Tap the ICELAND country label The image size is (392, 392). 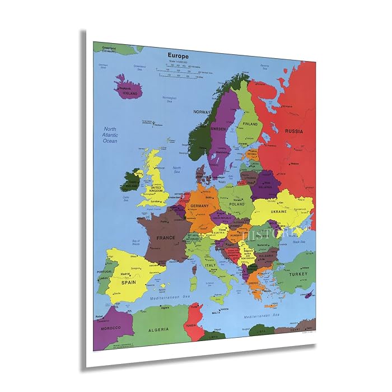[129, 94]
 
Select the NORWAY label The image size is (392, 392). [201, 112]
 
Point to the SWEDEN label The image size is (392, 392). [218, 128]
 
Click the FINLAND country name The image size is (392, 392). [250, 124]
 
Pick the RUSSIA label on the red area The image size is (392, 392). [294, 131]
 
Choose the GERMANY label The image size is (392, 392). [199, 206]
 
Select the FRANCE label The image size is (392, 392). [166, 238]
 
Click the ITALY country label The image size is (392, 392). [210, 265]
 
